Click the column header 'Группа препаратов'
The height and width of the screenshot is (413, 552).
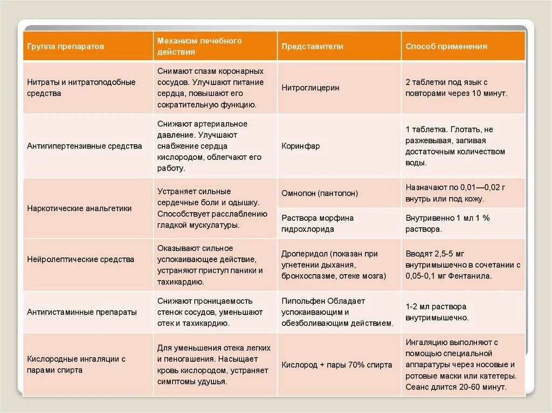[x=65, y=46]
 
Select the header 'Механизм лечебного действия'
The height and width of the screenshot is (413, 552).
[x=199, y=46]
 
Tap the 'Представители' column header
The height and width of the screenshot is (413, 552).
[x=312, y=46]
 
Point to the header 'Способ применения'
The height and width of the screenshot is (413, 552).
[x=446, y=46]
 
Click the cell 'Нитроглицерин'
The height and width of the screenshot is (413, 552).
[x=310, y=88]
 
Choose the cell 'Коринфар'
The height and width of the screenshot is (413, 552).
[x=300, y=146]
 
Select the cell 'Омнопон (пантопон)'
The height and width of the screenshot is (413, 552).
[x=320, y=193]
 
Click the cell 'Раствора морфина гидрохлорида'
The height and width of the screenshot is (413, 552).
[x=318, y=223]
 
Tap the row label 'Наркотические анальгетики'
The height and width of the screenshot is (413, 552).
[x=79, y=208]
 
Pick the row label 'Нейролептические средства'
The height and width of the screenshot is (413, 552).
[x=81, y=259]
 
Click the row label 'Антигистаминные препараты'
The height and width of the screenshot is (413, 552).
[x=82, y=312]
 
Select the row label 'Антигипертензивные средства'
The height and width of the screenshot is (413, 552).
[x=85, y=146]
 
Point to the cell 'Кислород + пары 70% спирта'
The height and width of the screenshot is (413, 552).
[x=337, y=365]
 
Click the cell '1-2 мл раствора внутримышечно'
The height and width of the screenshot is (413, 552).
[x=437, y=312]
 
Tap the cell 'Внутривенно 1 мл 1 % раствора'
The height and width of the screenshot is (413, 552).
[x=447, y=223]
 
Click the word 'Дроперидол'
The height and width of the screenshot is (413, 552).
[x=302, y=254]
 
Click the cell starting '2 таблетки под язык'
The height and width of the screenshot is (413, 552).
[x=456, y=88]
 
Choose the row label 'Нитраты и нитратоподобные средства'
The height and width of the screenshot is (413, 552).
[x=81, y=88]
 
